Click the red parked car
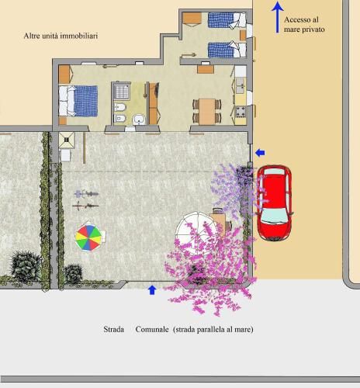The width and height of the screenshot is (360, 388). tap(275, 203)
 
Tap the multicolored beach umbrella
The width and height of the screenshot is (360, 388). tap(88, 238)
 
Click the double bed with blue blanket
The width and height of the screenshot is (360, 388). tap(78, 101)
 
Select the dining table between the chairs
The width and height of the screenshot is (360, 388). tap(207, 111)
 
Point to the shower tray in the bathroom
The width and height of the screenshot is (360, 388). tap(122, 91)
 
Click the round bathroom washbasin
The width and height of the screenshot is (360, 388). tap(140, 120)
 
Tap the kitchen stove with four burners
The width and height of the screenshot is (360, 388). tap(241, 111)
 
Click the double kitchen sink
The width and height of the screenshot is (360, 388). tap(241, 85)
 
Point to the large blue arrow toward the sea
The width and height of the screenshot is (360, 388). tap(277, 17)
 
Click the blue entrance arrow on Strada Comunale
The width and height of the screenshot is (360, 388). tap(152, 290)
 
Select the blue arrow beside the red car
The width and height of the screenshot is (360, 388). tap(260, 153)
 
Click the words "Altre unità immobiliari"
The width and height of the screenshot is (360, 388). tap(61, 36)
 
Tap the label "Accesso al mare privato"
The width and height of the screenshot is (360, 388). tap(304, 24)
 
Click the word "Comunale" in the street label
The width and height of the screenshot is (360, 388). tap(152, 329)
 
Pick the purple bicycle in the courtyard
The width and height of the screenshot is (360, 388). tap(86, 193)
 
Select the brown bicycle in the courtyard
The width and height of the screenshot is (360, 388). tap(85, 206)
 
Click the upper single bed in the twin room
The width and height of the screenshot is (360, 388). tap(227, 20)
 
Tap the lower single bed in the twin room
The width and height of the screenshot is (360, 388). tap(227, 50)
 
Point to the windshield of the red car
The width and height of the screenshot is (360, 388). tap(275, 216)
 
